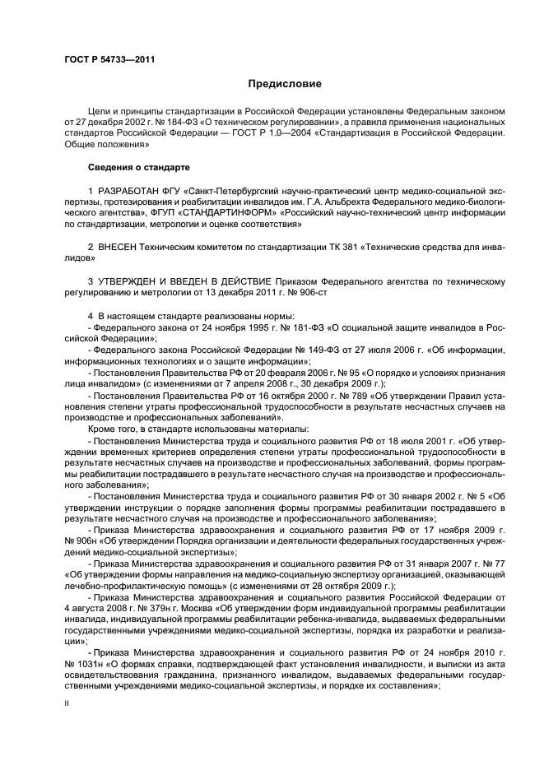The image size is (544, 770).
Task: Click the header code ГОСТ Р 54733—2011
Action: [109, 58]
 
